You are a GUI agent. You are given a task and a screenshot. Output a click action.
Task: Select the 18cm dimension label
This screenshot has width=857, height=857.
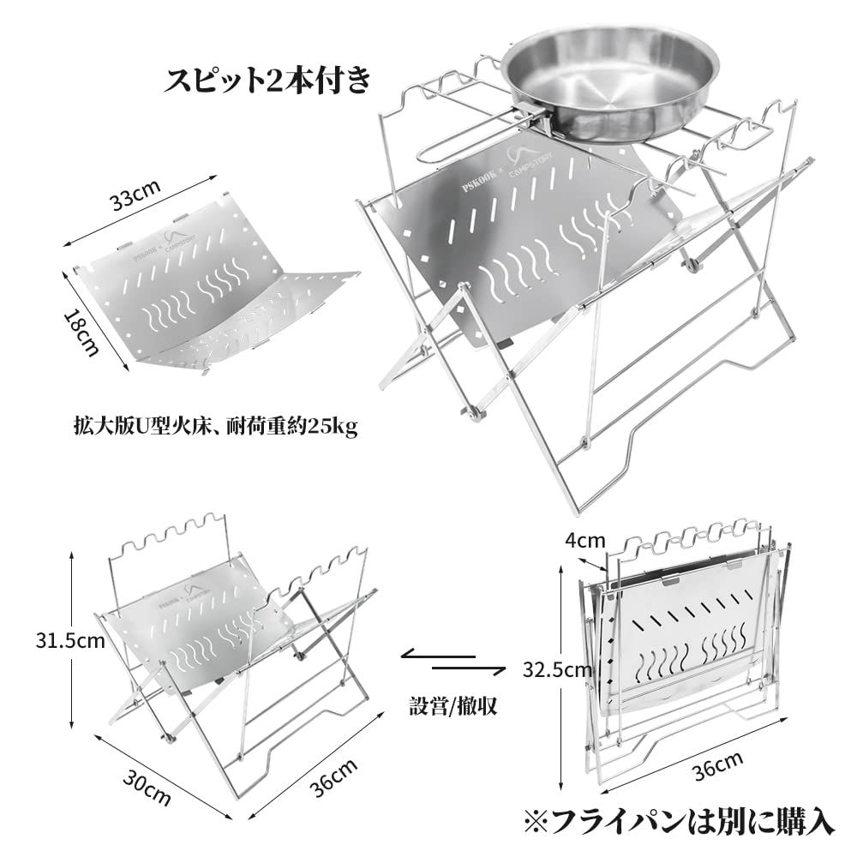pyautogui.click(x=82, y=330)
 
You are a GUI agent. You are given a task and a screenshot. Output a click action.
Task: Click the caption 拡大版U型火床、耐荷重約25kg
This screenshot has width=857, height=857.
pyautogui.click(x=215, y=426)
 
